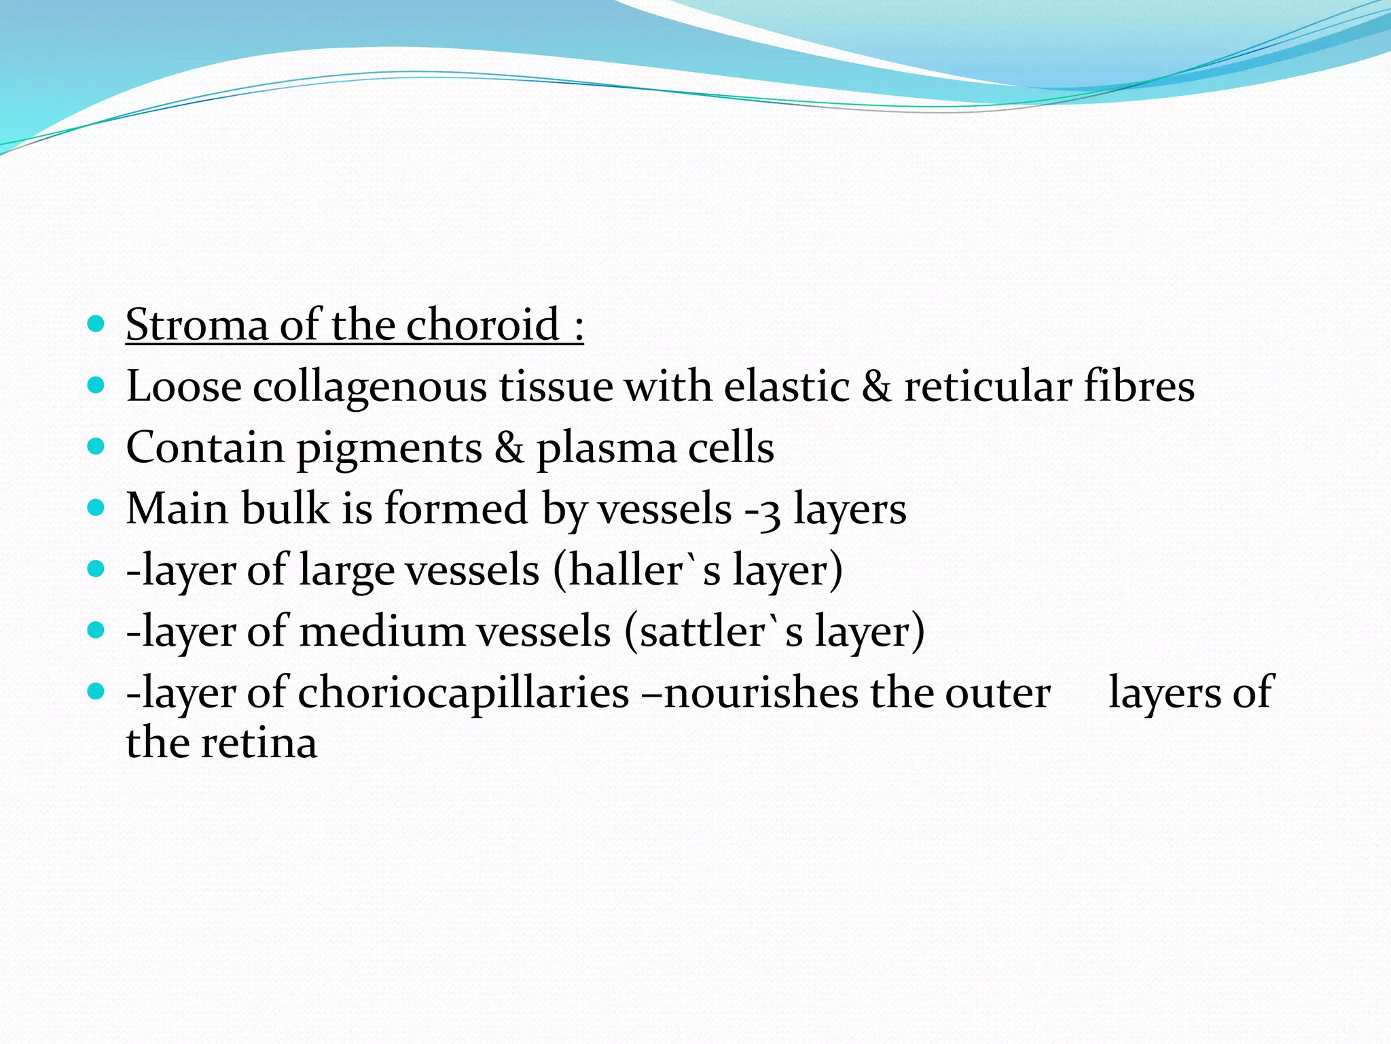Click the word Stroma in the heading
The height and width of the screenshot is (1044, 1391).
click(x=197, y=325)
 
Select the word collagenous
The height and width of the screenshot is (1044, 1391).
click(x=370, y=387)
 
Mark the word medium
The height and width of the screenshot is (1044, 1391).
click(x=386, y=631)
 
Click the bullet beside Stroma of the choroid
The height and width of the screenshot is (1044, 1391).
click(x=96, y=324)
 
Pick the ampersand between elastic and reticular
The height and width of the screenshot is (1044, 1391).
click(x=876, y=387)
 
